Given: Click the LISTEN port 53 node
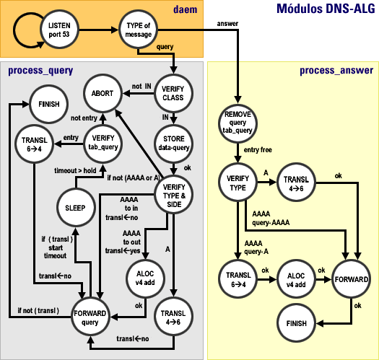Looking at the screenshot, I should point(58,31).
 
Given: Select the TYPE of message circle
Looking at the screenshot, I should point(138,31).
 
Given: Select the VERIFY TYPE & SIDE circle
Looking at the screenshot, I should point(175,194).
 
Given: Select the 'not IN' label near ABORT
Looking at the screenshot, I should point(141,86).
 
